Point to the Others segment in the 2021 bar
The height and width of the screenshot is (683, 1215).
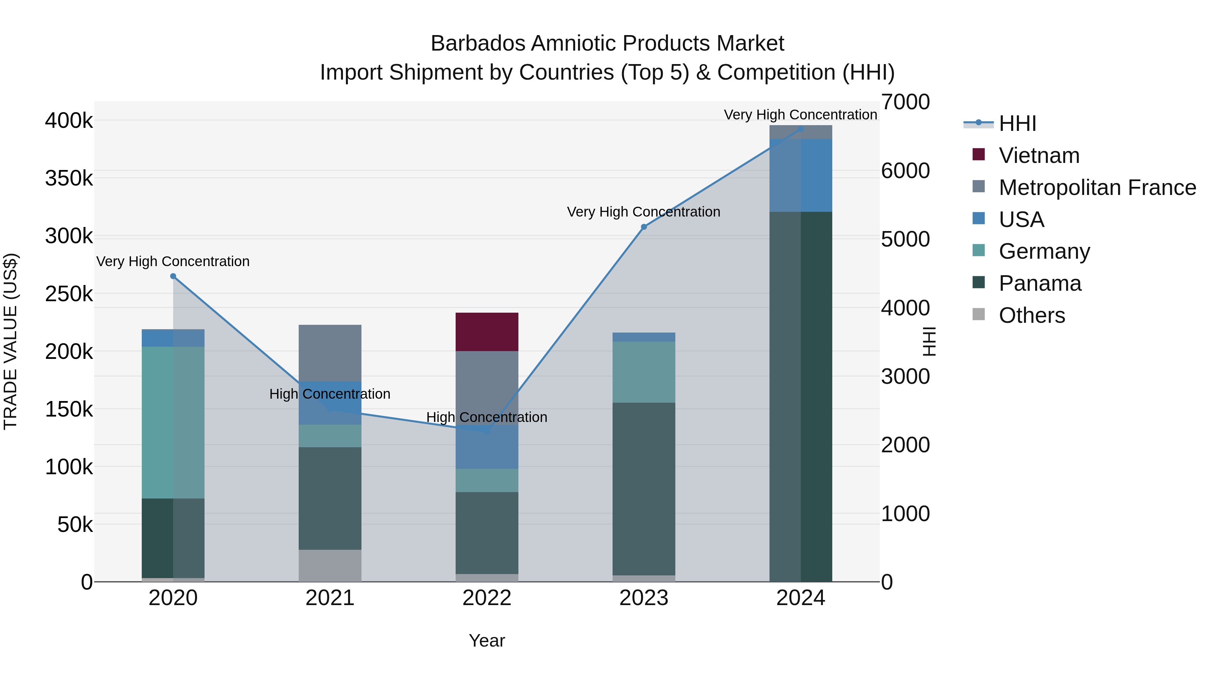pyautogui.click(x=330, y=565)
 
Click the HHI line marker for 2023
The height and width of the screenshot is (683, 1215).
pyautogui.click(x=644, y=227)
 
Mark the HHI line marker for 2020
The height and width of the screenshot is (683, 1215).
pyautogui.click(x=173, y=276)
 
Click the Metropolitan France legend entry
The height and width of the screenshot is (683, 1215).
pyautogui.click(x=1097, y=188)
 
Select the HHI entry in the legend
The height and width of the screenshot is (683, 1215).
pyautogui.click(x=1017, y=123)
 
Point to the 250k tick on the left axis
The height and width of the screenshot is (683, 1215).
pyautogui.click(x=69, y=294)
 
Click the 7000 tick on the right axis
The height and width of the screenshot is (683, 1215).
pyautogui.click(x=905, y=102)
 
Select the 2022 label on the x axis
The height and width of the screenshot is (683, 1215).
pyautogui.click(x=487, y=598)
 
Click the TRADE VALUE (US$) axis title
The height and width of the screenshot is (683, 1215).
pyautogui.click(x=10, y=341)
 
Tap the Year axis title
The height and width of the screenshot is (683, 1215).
pyautogui.click(x=487, y=641)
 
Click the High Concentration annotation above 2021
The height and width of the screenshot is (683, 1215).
pyautogui.click(x=330, y=394)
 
